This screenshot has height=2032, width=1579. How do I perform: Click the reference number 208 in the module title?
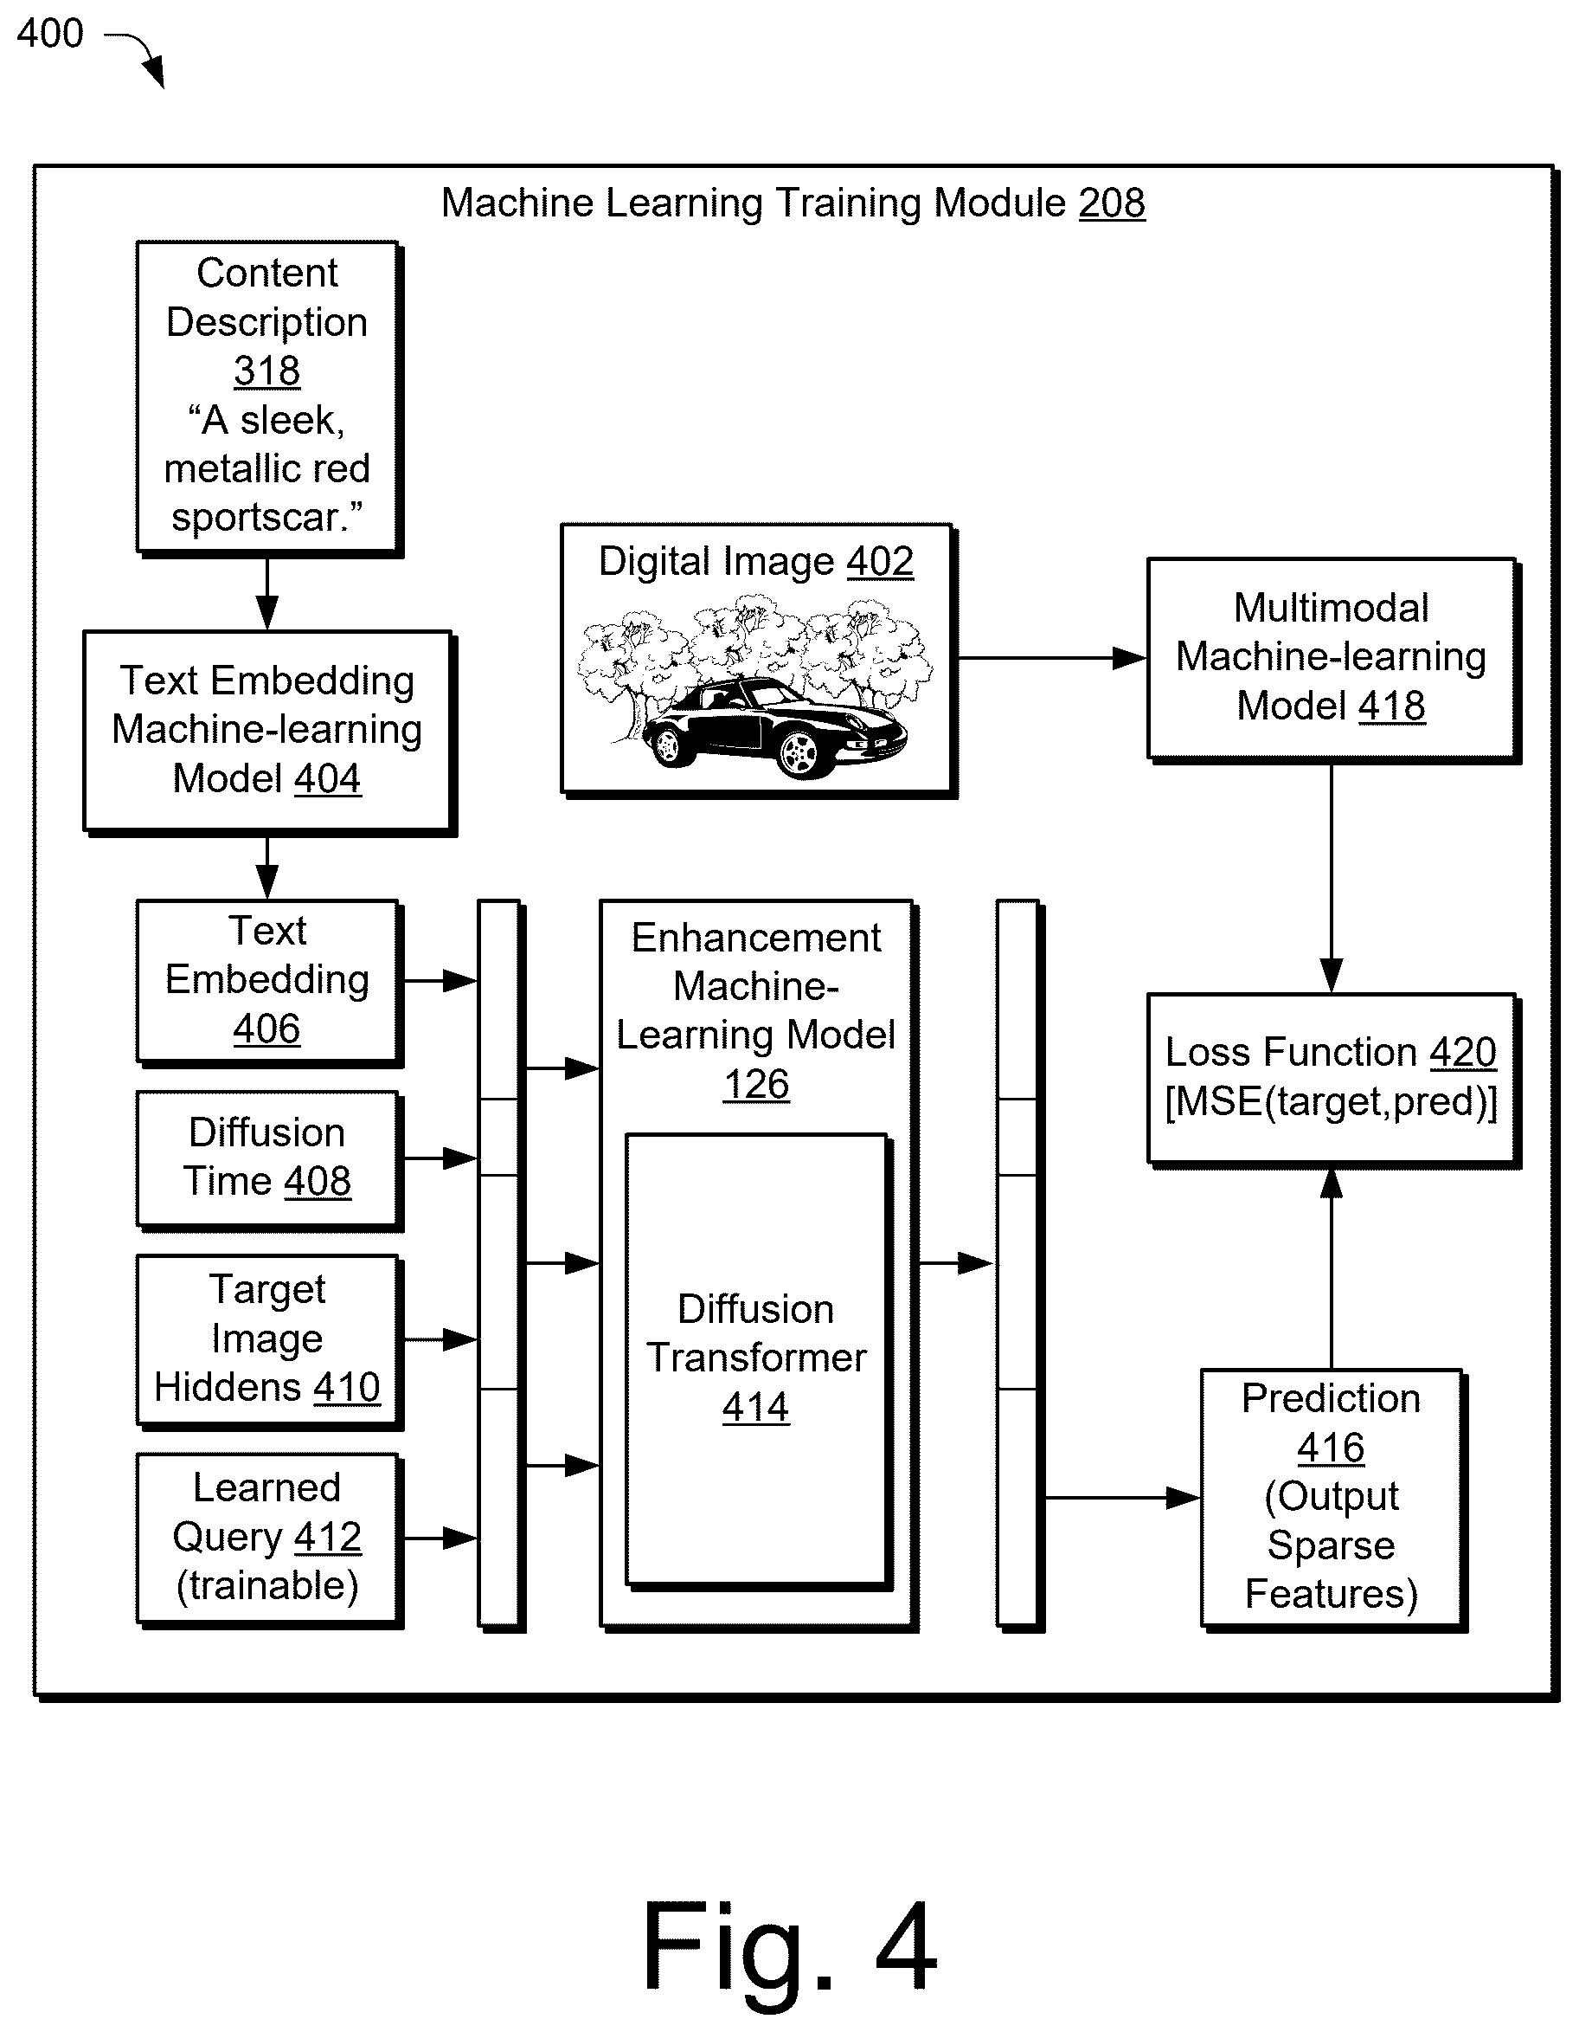click(x=1111, y=203)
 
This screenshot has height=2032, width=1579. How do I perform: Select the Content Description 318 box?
click(x=269, y=398)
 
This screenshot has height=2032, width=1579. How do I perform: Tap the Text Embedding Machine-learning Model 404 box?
click(x=269, y=732)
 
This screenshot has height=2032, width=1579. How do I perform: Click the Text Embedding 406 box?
click(x=269, y=983)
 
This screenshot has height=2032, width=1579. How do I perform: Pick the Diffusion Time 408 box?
click(x=269, y=1160)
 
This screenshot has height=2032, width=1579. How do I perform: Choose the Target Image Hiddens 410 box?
click(x=269, y=1342)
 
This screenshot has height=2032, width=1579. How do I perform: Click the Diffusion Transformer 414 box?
click(x=758, y=1360)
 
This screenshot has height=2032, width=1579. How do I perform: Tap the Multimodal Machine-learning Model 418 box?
click(x=1332, y=660)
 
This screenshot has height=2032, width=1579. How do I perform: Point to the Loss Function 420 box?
click(x=1332, y=1081)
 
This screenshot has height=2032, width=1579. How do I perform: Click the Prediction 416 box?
click(x=1332, y=1500)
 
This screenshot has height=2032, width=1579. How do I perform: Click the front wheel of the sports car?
click(x=798, y=752)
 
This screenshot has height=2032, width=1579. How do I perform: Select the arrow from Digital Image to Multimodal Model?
click(x=1051, y=659)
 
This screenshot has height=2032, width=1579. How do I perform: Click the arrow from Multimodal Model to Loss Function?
click(x=1332, y=878)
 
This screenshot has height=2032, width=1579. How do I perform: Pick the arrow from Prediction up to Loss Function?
click(x=1332, y=1268)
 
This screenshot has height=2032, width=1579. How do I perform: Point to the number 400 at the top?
click(x=50, y=34)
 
